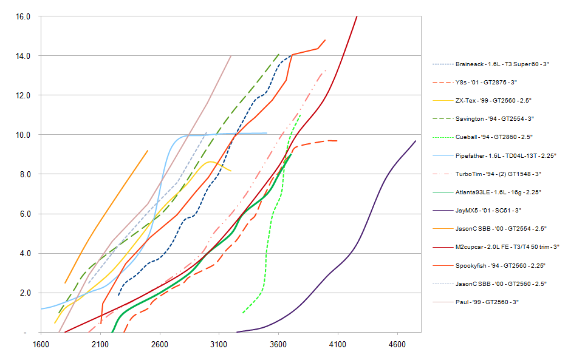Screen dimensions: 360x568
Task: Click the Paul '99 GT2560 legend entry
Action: point(487,302)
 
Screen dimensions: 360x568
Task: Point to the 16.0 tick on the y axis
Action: point(23,16)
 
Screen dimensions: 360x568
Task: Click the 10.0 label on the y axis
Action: point(23,135)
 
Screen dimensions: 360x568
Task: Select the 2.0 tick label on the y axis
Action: point(25,293)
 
